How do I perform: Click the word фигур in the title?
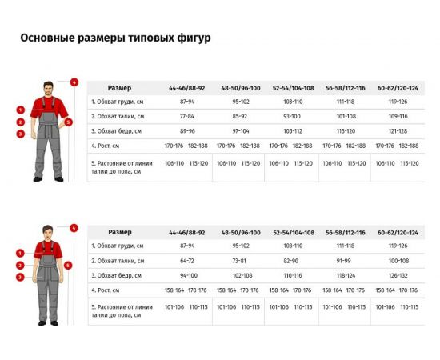[x=194, y=38]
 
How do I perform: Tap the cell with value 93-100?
[x=292, y=116]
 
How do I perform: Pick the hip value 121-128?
[x=398, y=130]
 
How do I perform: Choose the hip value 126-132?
[x=398, y=275]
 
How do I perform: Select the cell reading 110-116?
[x=292, y=275]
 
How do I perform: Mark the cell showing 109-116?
[x=398, y=116]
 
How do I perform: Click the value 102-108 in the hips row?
[x=240, y=275]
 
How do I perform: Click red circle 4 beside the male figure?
[x=74, y=82]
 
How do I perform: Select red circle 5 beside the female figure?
[x=70, y=265]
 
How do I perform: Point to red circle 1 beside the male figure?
[x=19, y=110]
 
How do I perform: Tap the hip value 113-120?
[x=345, y=130]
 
